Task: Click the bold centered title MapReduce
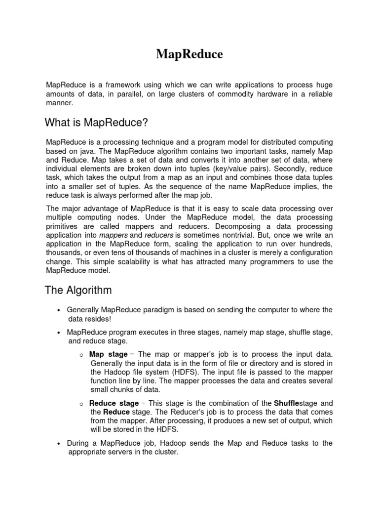pos(189,54)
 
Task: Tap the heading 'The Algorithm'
pos(78,290)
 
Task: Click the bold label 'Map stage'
pos(108,354)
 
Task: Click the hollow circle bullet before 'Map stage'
pos(81,355)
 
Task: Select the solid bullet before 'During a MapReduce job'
pos(59,443)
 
